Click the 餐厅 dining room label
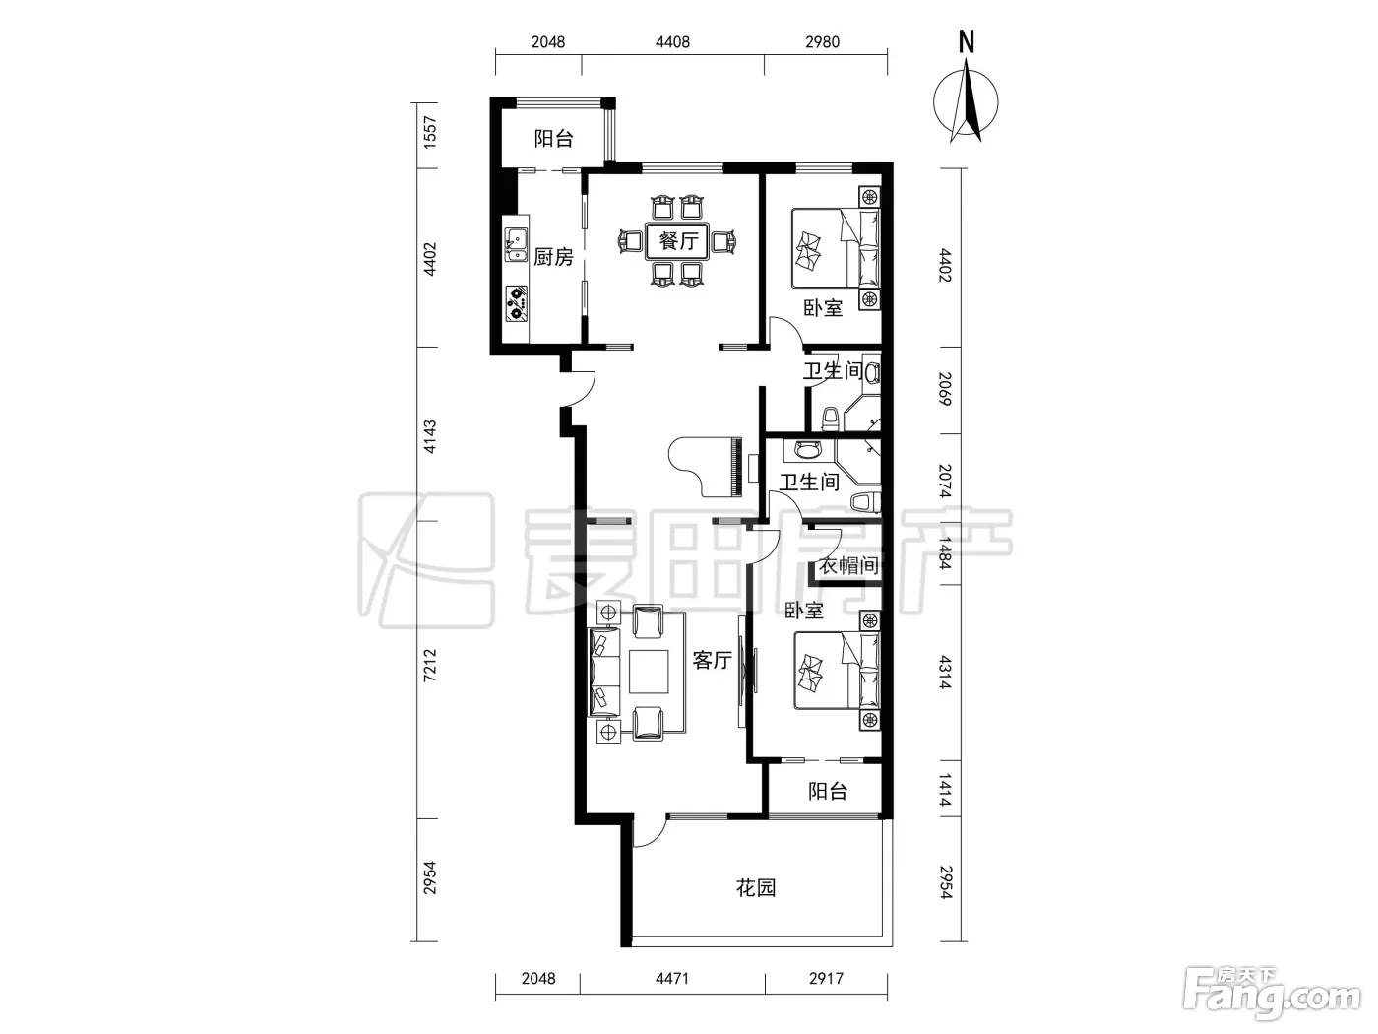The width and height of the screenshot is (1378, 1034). coord(678,240)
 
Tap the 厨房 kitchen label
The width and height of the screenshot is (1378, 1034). coord(553,257)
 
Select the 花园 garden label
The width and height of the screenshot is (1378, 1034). coord(756,887)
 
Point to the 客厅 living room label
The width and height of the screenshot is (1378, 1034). coord(713,660)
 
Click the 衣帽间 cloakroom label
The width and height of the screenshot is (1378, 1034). coord(848,565)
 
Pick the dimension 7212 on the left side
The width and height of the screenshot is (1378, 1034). coord(430,666)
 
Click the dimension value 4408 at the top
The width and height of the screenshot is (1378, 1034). coord(672,42)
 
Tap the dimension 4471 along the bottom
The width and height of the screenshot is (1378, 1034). coord(672,978)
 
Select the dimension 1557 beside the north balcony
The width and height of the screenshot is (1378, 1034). coord(430,133)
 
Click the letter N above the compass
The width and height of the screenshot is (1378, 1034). coord(967,41)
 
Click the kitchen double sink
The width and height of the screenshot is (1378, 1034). coord(516,245)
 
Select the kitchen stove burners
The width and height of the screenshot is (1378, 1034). coord(516,304)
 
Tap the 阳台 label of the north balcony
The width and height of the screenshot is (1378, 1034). coord(554,138)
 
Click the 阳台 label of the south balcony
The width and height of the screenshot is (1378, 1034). coord(828,791)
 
